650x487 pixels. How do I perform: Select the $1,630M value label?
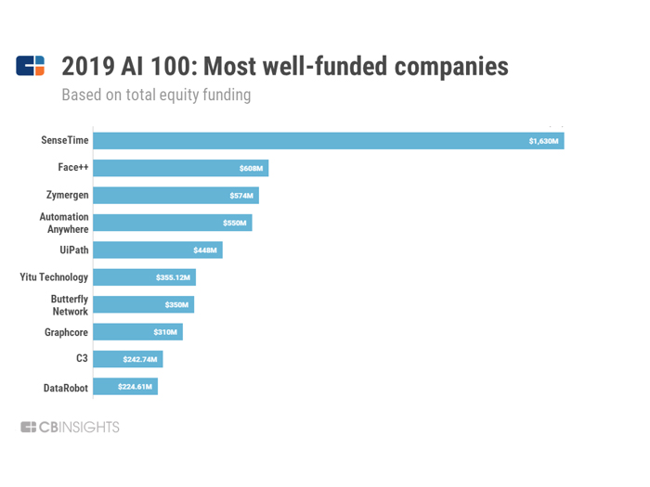pos(543,141)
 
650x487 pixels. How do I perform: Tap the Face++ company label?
pos(72,168)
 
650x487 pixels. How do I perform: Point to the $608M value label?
pos(251,169)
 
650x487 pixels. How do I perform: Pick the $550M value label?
pos(235,224)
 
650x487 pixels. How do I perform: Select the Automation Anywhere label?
pos(64,223)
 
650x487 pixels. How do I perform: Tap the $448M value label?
pos(205,250)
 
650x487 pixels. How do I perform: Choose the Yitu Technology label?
pos(54,277)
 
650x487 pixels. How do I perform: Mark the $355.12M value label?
pos(173,277)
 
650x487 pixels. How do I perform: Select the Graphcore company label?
pos(66,332)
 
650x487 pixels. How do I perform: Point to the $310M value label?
pos(165,332)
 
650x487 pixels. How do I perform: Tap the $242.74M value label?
pos(141,359)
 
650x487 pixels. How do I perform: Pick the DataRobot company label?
pos(65,387)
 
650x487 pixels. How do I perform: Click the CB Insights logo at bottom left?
pos(71,428)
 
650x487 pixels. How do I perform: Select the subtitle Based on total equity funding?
pos(156,95)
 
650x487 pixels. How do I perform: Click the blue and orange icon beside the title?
pos(31,66)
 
